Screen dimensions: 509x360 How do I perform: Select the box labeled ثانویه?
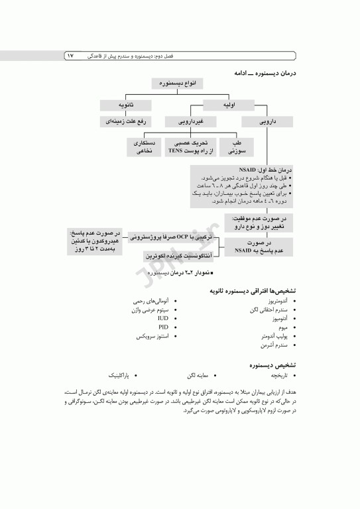click(x=126, y=105)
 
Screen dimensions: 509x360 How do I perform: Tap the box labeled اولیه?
click(x=230, y=105)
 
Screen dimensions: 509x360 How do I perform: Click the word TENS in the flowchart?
click(x=176, y=152)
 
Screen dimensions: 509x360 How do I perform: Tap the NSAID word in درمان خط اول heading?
click(x=247, y=170)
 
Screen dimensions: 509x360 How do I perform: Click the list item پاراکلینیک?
click(x=126, y=375)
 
